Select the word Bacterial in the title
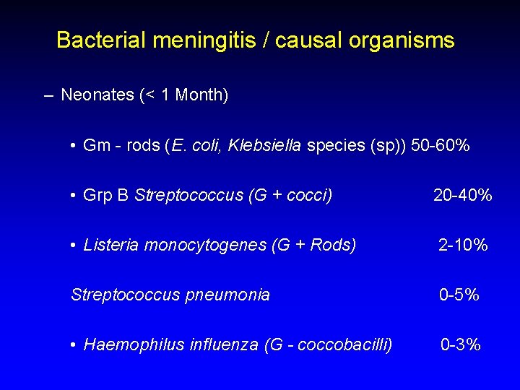(100, 40)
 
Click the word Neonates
(97, 95)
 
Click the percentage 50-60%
(441, 146)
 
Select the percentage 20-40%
(463, 195)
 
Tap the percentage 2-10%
(463, 245)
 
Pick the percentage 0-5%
(460, 295)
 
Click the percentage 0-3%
(461, 344)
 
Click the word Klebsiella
(264, 146)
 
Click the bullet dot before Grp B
(74, 196)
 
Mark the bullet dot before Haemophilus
(74, 345)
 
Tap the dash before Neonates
(48, 95)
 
